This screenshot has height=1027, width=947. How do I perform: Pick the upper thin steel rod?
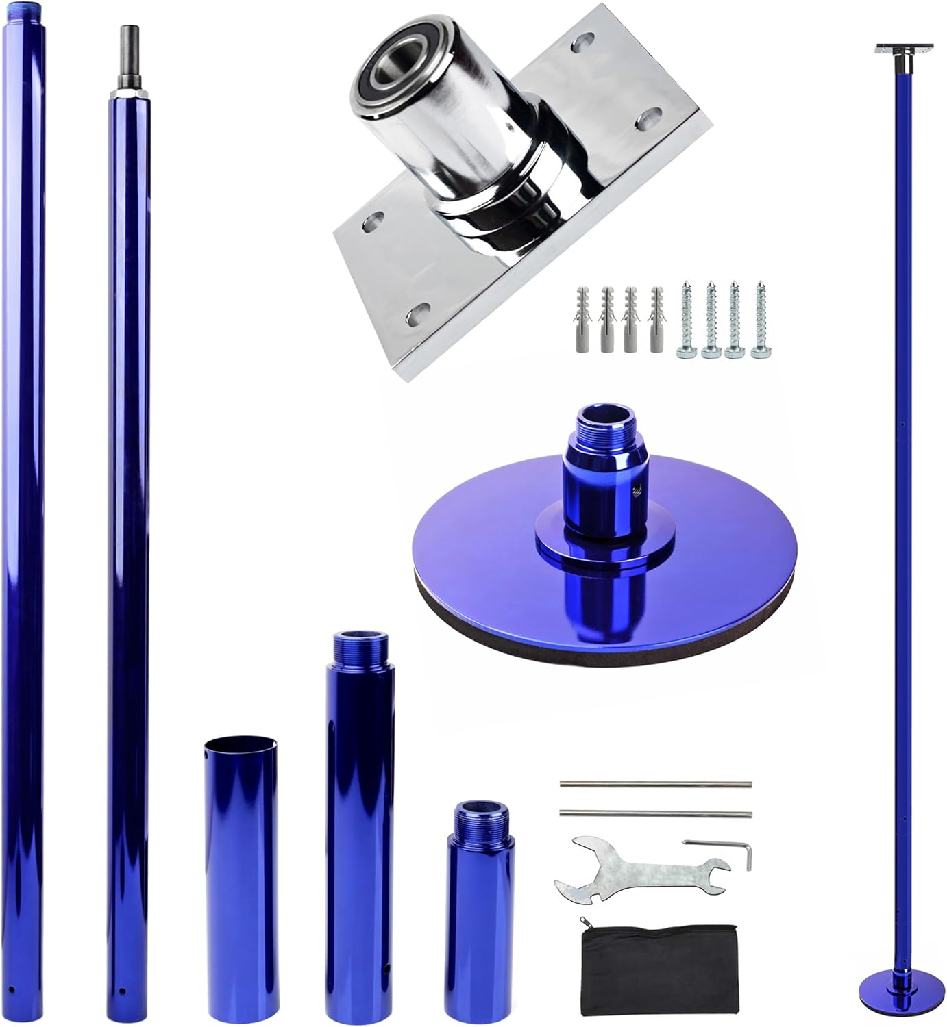pos(656,785)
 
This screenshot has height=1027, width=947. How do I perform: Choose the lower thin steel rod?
pos(656,812)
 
